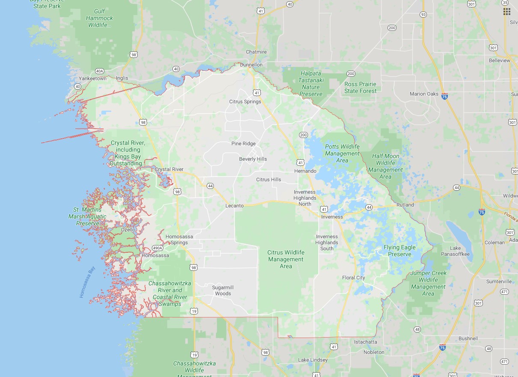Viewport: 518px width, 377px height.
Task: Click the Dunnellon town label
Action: (x=251, y=65)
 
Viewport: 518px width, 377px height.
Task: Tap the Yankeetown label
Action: (x=92, y=79)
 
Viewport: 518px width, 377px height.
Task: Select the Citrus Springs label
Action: (x=245, y=102)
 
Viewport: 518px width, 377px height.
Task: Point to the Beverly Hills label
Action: (x=253, y=159)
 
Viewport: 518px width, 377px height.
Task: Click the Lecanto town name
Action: (x=234, y=206)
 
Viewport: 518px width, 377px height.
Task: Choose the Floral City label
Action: (x=353, y=278)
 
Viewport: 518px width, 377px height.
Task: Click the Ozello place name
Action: (x=128, y=230)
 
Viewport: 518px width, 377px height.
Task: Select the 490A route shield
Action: (x=157, y=248)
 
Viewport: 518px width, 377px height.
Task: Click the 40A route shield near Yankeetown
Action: (x=99, y=71)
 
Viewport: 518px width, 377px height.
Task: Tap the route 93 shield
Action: (x=423, y=15)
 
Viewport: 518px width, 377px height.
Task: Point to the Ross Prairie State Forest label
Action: (x=360, y=87)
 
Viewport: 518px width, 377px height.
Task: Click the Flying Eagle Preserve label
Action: (x=400, y=251)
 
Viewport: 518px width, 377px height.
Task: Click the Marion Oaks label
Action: (x=424, y=94)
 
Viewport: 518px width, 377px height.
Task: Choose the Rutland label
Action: (x=405, y=205)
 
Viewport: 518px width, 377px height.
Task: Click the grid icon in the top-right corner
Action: (x=507, y=11)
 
